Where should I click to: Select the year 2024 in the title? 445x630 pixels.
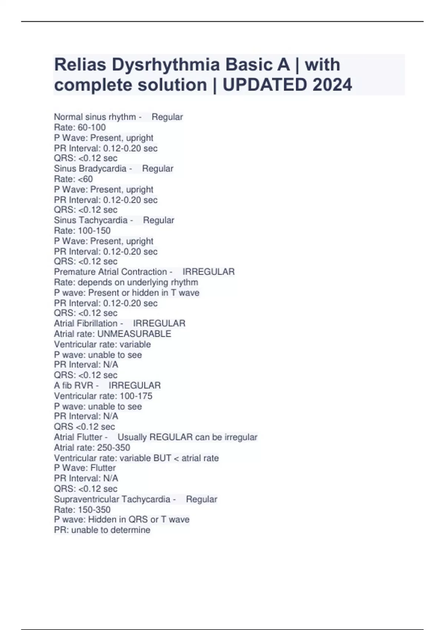click(332, 85)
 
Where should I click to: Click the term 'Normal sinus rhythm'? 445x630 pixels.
click(95, 117)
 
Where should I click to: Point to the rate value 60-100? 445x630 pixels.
click(92, 127)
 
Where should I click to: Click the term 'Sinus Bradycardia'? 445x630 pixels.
click(90, 169)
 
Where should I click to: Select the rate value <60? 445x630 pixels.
click(85, 179)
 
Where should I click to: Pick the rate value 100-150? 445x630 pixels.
click(94, 231)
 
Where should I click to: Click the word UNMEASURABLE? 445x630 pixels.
click(134, 334)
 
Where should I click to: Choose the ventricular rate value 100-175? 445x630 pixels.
click(136, 396)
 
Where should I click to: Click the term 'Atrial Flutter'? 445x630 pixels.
click(78, 437)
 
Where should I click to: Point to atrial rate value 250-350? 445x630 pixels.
click(113, 448)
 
